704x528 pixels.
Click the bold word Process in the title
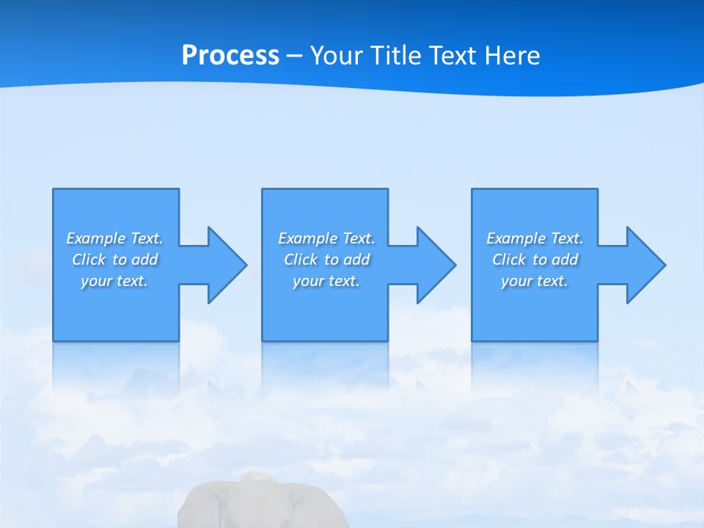(230, 56)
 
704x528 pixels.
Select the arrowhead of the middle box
(435, 265)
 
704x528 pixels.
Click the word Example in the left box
(96, 238)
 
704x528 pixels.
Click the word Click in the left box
(89, 260)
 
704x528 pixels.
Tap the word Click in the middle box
(301, 260)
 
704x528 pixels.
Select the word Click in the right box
(510, 260)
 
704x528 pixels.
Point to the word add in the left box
(144, 260)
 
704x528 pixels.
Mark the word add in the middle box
(356, 260)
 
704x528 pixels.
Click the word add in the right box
(565, 260)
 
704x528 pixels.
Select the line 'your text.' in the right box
(535, 281)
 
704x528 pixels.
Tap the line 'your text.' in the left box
(114, 281)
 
